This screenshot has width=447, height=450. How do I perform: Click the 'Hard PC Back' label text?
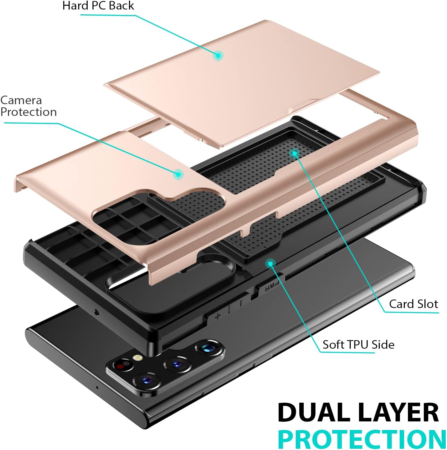98,6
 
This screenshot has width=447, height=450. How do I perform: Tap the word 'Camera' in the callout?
21,100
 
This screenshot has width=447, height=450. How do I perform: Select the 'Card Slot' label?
413,304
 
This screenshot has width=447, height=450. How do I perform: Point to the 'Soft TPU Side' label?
358,345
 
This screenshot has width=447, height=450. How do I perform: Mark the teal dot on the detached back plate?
218,56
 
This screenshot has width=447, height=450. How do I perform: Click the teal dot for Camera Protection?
179,174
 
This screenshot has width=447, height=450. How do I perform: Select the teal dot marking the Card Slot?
295,153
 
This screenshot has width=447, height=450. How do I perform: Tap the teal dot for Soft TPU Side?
271,264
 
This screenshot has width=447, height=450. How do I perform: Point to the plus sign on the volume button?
218,316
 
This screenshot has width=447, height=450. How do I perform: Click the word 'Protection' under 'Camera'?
29,112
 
